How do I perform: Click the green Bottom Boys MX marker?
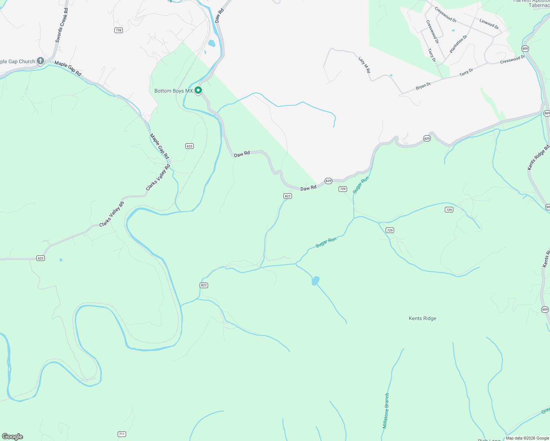(x=198, y=90)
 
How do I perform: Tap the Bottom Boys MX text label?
(x=174, y=91)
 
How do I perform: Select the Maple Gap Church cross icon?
(x=40, y=61)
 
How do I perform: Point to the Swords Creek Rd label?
(x=61, y=25)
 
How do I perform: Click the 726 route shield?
(x=118, y=30)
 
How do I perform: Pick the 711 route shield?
(x=122, y=434)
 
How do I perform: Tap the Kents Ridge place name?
(x=422, y=318)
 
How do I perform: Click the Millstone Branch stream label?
(x=386, y=410)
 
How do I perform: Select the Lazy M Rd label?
(x=364, y=65)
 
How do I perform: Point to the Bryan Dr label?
(x=423, y=86)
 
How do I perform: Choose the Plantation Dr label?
(x=458, y=44)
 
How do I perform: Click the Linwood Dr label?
(x=489, y=24)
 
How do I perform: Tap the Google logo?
(x=12, y=437)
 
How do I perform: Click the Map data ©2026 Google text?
(x=527, y=438)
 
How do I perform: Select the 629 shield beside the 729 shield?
(x=328, y=181)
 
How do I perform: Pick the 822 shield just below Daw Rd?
(x=287, y=196)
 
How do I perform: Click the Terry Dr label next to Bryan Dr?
(x=466, y=72)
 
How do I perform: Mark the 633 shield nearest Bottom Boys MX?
(x=189, y=146)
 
